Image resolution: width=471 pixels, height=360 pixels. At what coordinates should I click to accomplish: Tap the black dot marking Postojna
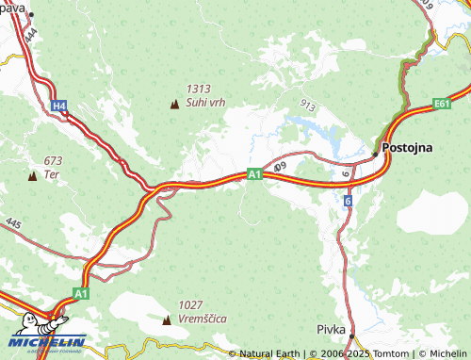tap(375, 152)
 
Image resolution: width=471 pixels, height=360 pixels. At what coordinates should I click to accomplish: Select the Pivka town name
tap(331, 331)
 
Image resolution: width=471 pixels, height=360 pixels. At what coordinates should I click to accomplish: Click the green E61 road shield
tap(443, 103)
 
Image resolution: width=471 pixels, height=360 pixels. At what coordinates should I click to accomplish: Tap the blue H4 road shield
tap(59, 106)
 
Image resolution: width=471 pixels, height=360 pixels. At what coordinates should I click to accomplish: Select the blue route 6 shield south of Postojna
tap(348, 202)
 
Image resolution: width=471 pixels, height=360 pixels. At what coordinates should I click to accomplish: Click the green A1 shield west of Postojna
tap(253, 173)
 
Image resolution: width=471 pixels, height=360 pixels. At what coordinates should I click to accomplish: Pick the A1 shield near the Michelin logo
tap(81, 294)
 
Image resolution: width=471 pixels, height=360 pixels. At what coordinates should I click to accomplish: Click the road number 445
tap(12, 223)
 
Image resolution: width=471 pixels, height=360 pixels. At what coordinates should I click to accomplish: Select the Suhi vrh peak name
tap(204, 102)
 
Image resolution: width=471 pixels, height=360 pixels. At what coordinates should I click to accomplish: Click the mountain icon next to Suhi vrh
tap(173, 103)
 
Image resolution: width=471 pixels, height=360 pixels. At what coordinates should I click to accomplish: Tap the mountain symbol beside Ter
tap(32, 174)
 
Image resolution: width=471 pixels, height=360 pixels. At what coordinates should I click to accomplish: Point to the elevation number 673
tap(52, 161)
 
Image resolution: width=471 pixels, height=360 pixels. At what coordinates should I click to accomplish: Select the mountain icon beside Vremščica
tap(167, 319)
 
